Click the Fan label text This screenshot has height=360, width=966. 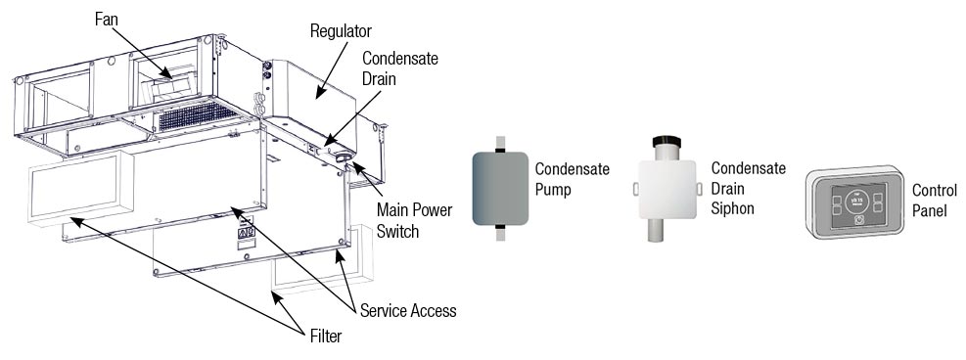pos(107,20)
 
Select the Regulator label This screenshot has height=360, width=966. pos(341,30)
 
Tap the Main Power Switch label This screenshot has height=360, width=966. pos(414,220)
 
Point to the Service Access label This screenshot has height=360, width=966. pos(408,311)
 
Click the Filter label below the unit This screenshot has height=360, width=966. pos(325,336)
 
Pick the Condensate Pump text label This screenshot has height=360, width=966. pos(572,178)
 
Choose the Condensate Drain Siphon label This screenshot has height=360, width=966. pos(748,188)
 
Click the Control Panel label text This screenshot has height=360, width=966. pos(935,201)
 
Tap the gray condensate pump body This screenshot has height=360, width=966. pos(500,188)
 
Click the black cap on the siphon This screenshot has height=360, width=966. pos(667,142)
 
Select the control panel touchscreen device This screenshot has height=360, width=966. pos(855,201)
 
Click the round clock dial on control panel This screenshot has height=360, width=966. pos(855,201)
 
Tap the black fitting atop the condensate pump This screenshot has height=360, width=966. pos(500,149)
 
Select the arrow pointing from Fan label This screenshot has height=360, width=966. pos(142,52)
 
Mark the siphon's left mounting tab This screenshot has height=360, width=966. pos(634,189)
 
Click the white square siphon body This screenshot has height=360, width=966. pos(667,190)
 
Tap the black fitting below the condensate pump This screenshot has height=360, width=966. pos(500,228)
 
